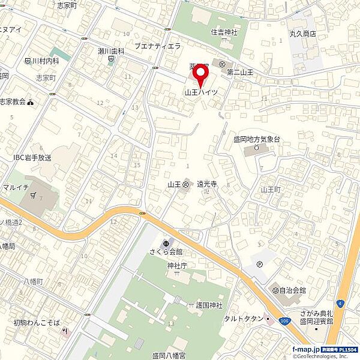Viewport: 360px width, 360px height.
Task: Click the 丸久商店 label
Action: pyautogui.click(x=304, y=34)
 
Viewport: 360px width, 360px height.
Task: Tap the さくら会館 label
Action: pyautogui.click(x=166, y=251)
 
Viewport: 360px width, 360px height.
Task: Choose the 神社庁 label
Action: pyautogui.click(x=177, y=264)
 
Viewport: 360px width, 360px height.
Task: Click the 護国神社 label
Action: pyautogui.click(x=208, y=305)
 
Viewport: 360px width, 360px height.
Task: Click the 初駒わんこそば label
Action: pyautogui.click(x=37, y=323)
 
